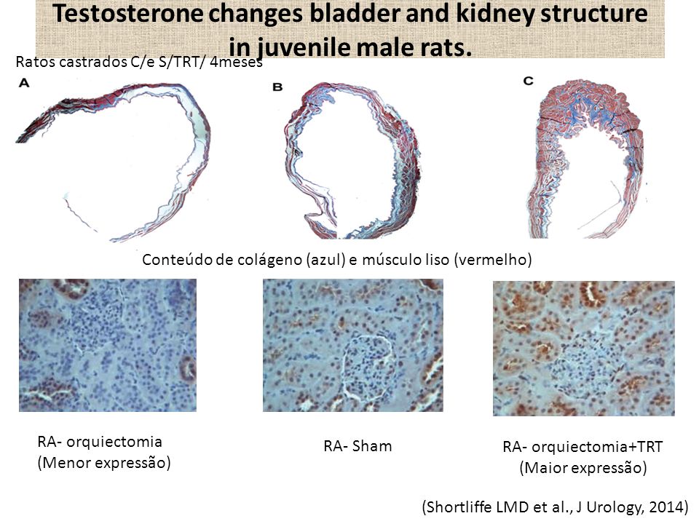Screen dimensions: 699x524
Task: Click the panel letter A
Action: pyautogui.click(x=24, y=83)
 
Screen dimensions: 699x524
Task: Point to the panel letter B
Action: pyautogui.click(x=277, y=87)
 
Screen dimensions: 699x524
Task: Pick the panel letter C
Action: pyautogui.click(x=529, y=81)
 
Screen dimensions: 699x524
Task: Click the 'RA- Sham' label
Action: pyautogui.click(x=358, y=446)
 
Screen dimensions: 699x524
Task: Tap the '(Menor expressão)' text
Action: pyautogui.click(x=104, y=463)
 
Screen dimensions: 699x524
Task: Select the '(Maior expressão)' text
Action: pyautogui.click(x=583, y=468)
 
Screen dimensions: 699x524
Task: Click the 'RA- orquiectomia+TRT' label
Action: pyautogui.click(x=582, y=447)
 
